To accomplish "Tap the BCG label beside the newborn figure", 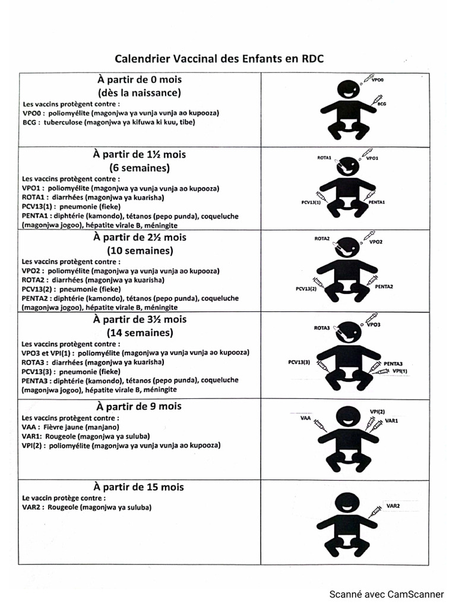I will click(382, 104).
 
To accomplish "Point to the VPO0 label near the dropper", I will click(378, 79).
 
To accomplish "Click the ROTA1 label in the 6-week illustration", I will click(324, 159).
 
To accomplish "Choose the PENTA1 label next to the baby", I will click(377, 202).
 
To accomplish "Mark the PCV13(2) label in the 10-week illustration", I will click(306, 289).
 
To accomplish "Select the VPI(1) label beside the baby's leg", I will click(400, 370).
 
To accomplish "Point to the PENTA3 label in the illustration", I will click(393, 363).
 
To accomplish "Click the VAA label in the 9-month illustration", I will click(306, 418).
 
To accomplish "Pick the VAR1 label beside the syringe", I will click(392, 420).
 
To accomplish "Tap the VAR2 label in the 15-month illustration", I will click(393, 506).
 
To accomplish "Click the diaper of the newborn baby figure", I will click(347, 126).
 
